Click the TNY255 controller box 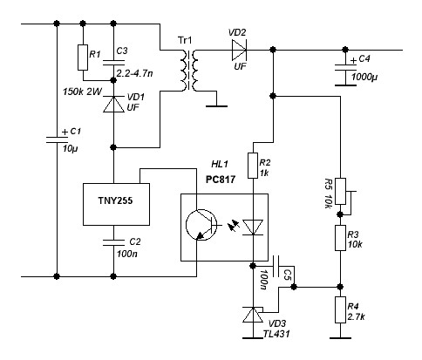(x=116, y=204)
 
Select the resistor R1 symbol (x=83, y=58)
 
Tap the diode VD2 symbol (x=240, y=51)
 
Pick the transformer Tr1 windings (x=189, y=71)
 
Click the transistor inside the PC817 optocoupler (x=201, y=225)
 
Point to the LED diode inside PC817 (x=253, y=228)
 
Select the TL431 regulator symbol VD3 (x=253, y=314)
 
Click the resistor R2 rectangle (x=253, y=166)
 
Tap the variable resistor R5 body (x=340, y=192)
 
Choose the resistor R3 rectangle (x=340, y=238)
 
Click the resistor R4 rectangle (x=340, y=309)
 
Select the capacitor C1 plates (x=57, y=139)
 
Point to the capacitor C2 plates (x=113, y=242)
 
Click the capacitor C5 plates (x=276, y=266)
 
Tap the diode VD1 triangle (x=113, y=104)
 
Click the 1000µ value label (x=364, y=77)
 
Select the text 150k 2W (x=83, y=92)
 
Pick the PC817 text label (x=221, y=180)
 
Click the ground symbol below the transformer (x=216, y=106)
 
